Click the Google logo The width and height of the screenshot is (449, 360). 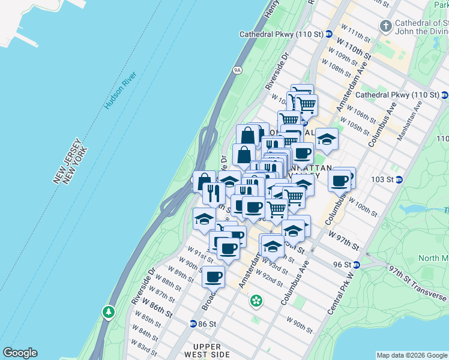click(x=20, y=353)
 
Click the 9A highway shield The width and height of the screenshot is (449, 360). click(x=237, y=70)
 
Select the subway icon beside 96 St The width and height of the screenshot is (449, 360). click(x=357, y=265)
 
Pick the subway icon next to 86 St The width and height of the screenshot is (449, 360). click(x=193, y=323)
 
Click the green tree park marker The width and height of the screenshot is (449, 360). click(x=108, y=312)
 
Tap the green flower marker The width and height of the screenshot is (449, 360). click(x=256, y=300)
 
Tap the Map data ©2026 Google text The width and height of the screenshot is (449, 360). click(x=412, y=355)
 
